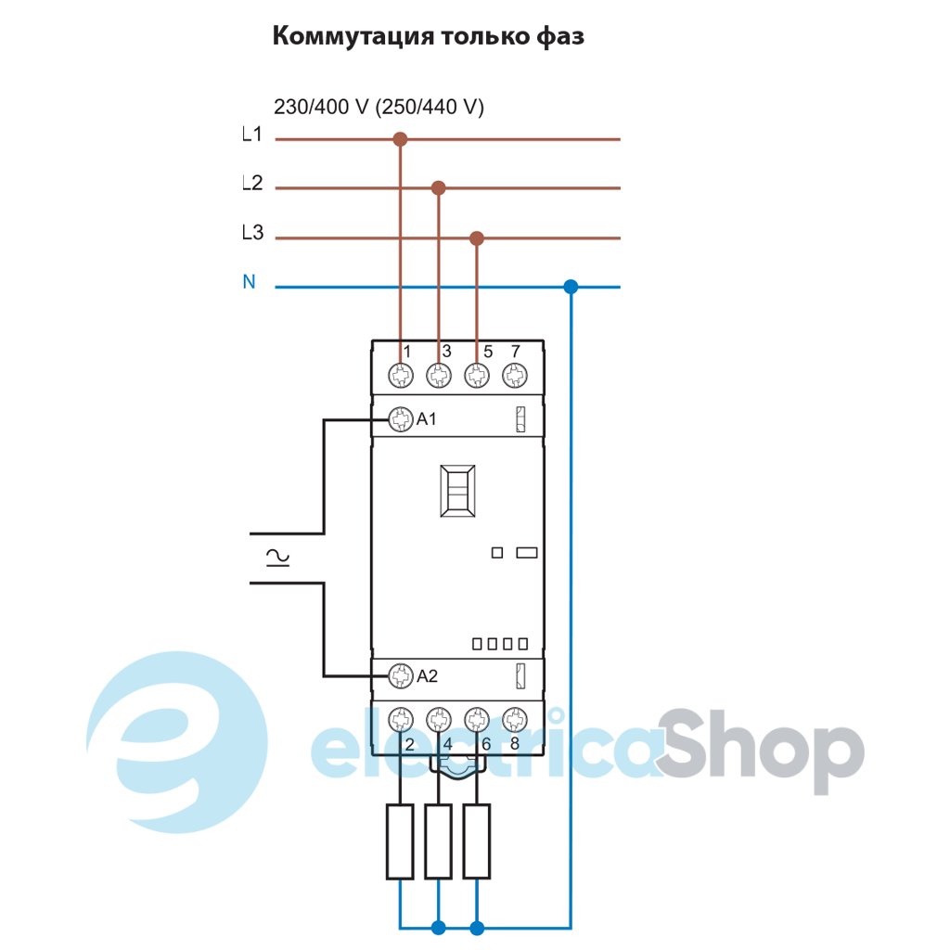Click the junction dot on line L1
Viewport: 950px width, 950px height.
[x=400, y=140]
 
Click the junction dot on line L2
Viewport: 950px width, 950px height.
[x=439, y=188]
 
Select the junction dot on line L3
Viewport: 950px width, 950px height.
[x=477, y=238]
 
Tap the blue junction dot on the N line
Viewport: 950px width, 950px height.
[x=571, y=288]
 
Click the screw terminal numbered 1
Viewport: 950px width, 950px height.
[x=401, y=376]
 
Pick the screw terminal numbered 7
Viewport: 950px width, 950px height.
[x=513, y=376]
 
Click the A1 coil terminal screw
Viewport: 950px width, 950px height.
[x=401, y=419]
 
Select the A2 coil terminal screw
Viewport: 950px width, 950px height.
[x=401, y=675]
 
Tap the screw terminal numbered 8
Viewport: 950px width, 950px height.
[x=513, y=719]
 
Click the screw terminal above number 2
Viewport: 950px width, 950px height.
[x=401, y=719]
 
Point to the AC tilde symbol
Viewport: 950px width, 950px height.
[x=276, y=557]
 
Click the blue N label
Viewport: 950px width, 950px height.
[x=249, y=282]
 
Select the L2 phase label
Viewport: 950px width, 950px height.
[x=251, y=184]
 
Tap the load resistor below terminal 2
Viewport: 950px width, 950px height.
[x=400, y=841]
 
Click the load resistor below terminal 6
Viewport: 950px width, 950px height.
[x=476, y=841]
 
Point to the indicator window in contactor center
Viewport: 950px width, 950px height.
[x=456, y=491]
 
